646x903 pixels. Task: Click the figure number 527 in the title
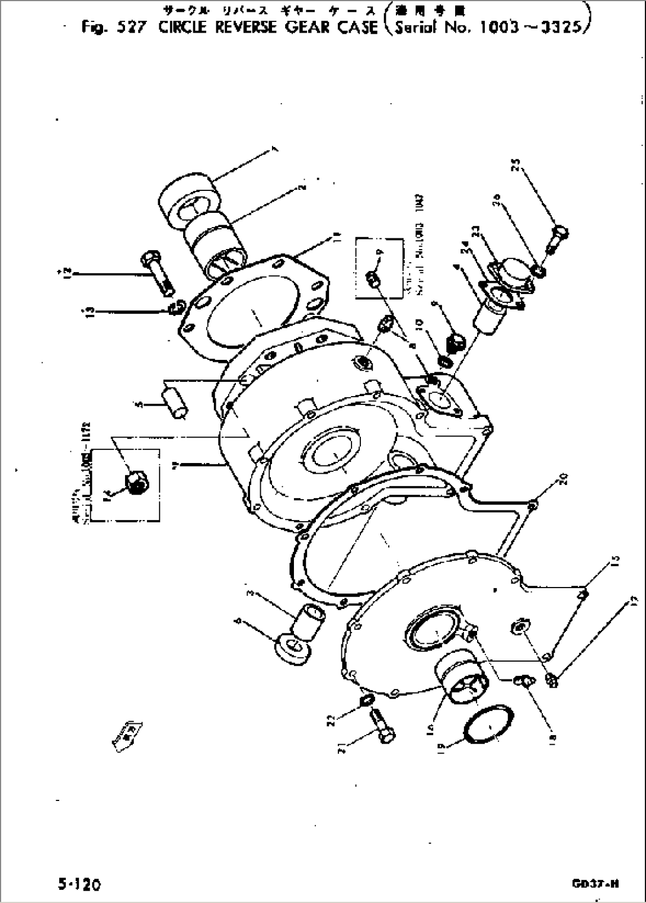130,27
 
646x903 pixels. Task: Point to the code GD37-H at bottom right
596,884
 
